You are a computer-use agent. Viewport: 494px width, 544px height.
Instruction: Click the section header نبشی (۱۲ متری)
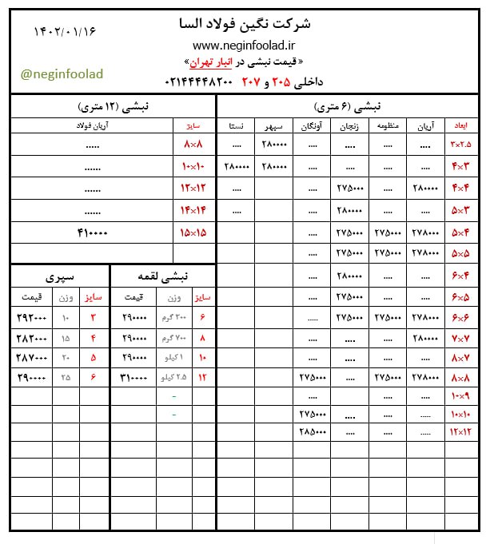[113, 106]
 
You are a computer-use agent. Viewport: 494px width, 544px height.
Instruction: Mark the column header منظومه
[388, 126]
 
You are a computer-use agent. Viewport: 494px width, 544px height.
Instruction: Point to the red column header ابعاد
[461, 126]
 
